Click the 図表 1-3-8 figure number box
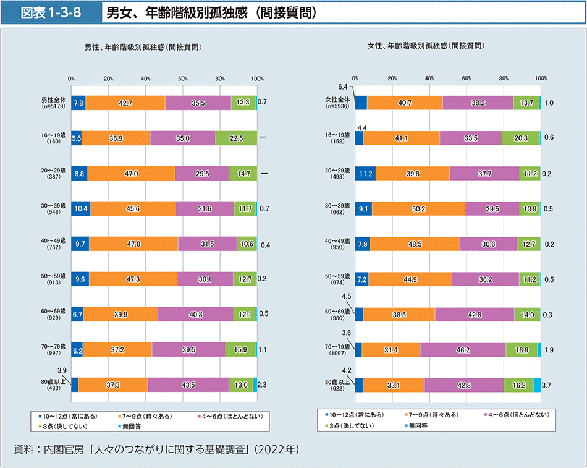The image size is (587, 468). pos(51,12)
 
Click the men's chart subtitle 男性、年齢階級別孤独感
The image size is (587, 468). pos(143,47)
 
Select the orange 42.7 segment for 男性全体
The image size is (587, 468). pos(125,103)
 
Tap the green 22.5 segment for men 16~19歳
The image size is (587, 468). pos(236,138)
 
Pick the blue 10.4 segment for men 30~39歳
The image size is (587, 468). pos(81,209)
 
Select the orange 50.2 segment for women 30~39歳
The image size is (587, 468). pos(418,209)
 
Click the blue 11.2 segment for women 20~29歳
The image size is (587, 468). pos(365,174)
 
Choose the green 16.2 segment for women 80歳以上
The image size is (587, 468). pos(518,385)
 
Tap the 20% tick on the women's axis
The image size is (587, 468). pos(392,79)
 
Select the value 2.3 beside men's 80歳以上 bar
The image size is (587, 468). pos(262,385)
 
